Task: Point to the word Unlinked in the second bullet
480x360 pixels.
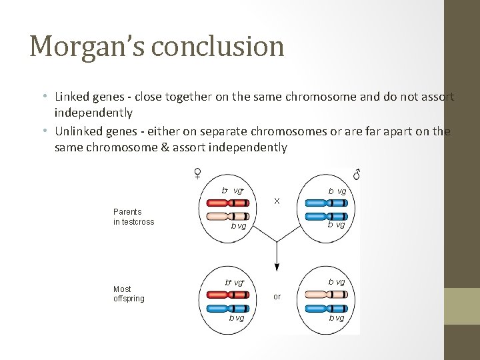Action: (79, 131)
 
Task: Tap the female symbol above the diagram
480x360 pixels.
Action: (198, 173)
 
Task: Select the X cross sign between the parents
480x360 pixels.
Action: (277, 201)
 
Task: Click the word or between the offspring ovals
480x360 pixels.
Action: (277, 296)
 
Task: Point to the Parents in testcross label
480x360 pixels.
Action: (133, 217)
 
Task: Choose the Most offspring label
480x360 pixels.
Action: (129, 294)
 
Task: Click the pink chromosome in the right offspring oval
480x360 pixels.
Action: (327, 293)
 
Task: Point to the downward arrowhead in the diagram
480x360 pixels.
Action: (277, 267)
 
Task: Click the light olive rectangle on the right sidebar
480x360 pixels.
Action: (462, 306)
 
